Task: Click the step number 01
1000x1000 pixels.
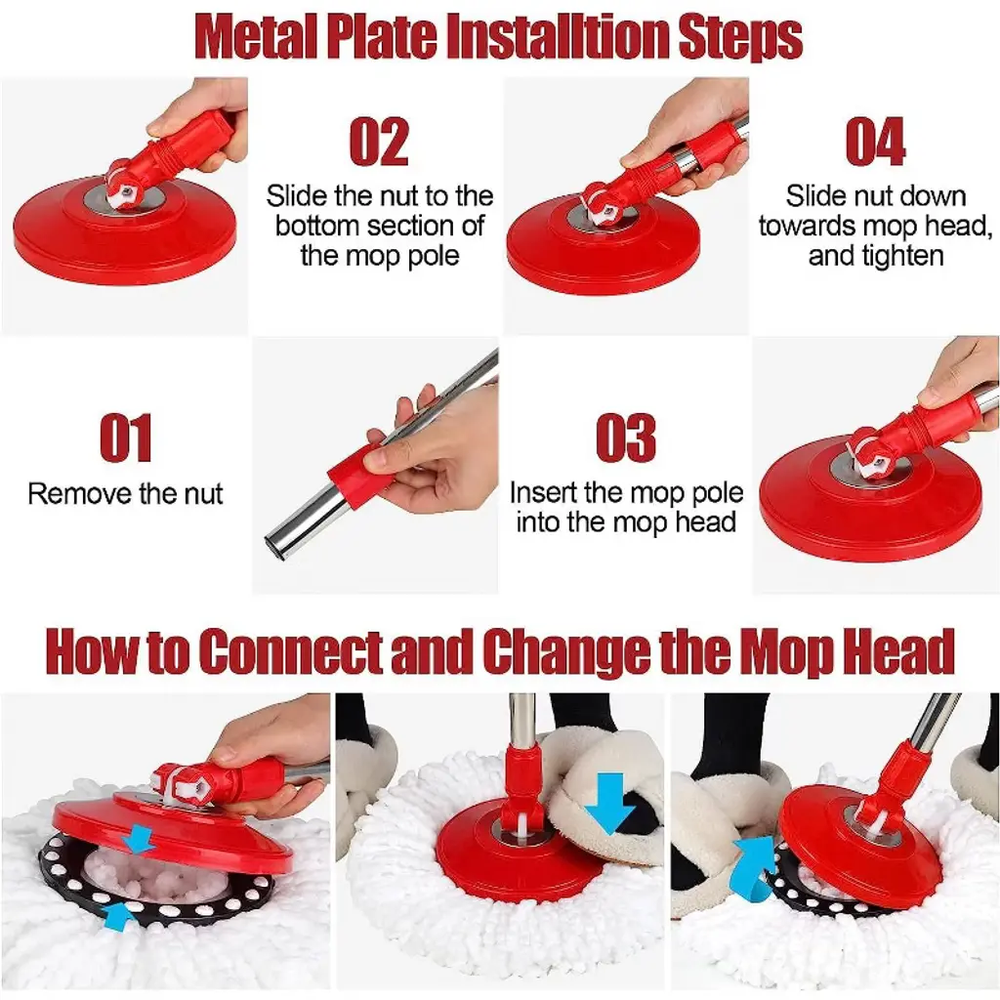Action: (x=126, y=437)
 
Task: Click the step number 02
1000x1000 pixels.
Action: (x=379, y=142)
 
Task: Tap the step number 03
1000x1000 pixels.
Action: (x=626, y=437)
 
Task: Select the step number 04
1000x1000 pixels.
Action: (x=875, y=142)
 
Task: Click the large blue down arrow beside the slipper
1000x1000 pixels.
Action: (x=609, y=803)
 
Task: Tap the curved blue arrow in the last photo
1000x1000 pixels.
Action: (x=758, y=868)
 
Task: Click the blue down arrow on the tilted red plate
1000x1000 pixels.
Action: (x=139, y=839)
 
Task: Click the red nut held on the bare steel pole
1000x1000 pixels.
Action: (x=354, y=477)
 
